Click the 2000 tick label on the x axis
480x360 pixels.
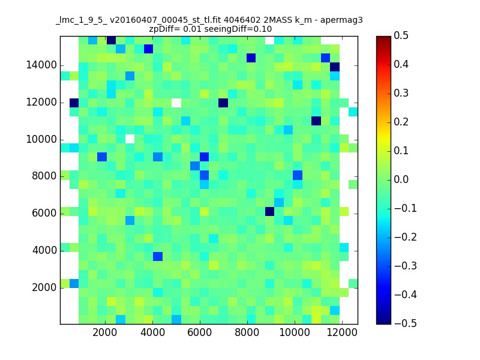[104, 332]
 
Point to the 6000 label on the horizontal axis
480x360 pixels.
[199, 332]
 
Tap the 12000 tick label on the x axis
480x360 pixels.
[341, 332]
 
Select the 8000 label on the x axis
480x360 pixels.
[247, 332]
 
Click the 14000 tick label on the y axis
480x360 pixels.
[41, 65]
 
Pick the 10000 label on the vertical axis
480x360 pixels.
[41, 140]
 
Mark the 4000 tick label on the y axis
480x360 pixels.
[44, 250]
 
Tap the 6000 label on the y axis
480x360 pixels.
[44, 214]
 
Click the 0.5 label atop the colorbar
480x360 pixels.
[401, 35]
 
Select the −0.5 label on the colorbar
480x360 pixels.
[406, 323]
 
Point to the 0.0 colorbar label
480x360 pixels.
[401, 179]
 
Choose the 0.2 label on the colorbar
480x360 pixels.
[401, 122]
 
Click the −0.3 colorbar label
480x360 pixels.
[406, 266]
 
